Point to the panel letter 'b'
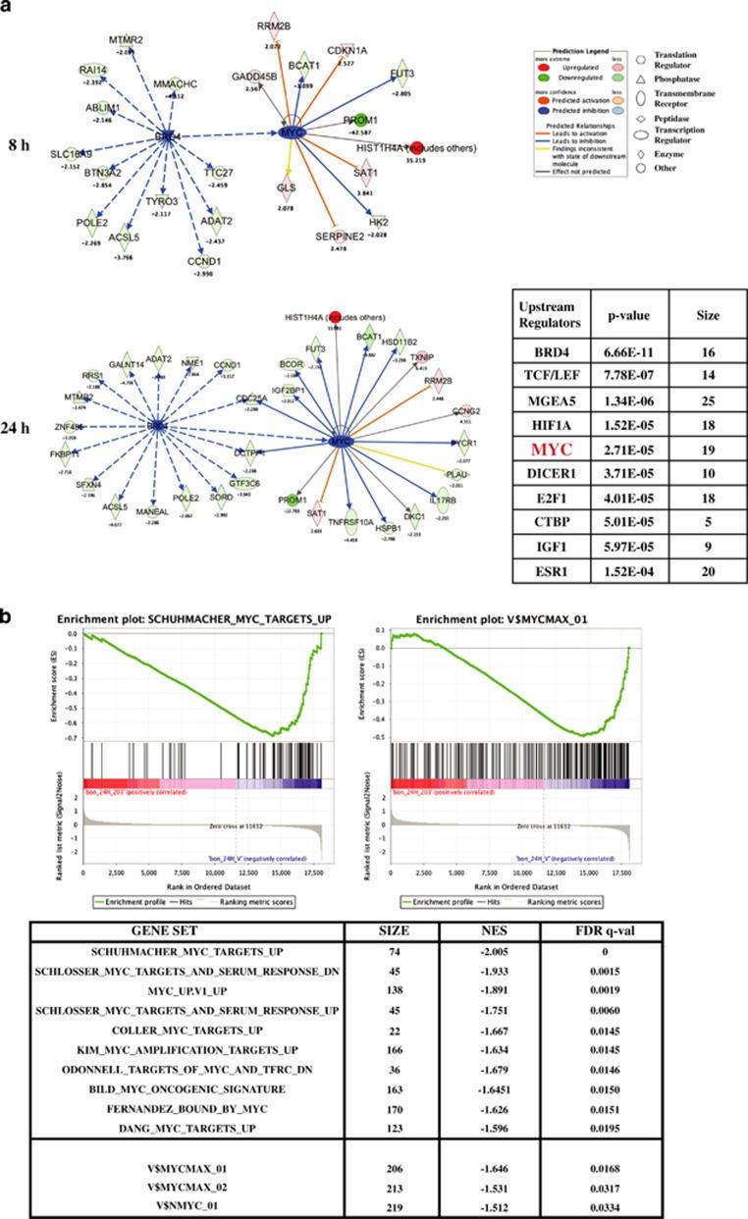pyautogui.click(x=8, y=593)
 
